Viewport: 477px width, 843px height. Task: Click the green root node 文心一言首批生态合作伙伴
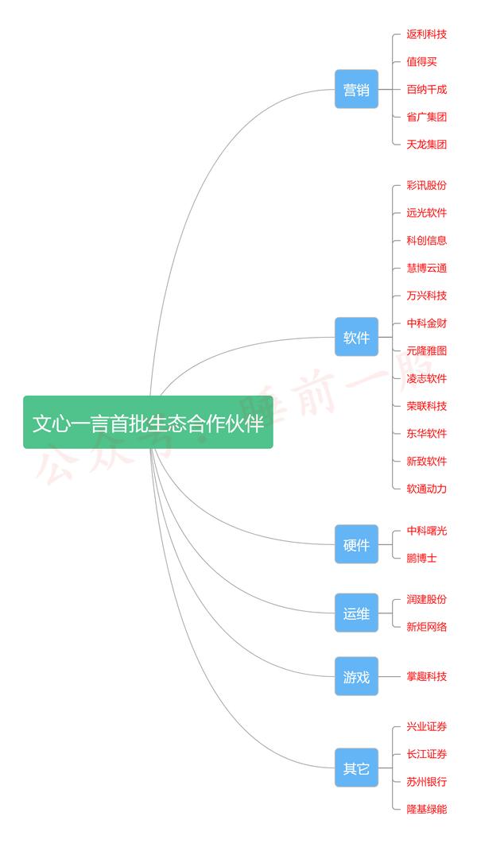pyautogui.click(x=148, y=422)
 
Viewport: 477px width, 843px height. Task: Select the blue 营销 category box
pyautogui.click(x=356, y=89)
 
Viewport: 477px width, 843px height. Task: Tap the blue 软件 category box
pyautogui.click(x=356, y=337)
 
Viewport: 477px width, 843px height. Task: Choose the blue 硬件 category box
pyautogui.click(x=356, y=544)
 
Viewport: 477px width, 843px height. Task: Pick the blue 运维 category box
pyautogui.click(x=356, y=613)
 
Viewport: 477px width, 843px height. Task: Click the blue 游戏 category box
pyautogui.click(x=356, y=676)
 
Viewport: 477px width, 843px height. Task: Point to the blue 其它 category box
pyautogui.click(x=356, y=768)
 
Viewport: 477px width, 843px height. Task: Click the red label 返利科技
pyautogui.click(x=426, y=34)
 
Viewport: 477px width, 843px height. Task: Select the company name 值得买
pyautogui.click(x=421, y=62)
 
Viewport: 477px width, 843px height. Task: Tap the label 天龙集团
pyautogui.click(x=426, y=144)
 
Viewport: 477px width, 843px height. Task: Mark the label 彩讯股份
pyautogui.click(x=426, y=185)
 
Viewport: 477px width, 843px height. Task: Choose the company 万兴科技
pyautogui.click(x=426, y=296)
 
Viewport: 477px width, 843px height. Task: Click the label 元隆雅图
pyautogui.click(x=426, y=351)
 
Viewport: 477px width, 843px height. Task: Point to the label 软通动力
pyautogui.click(x=426, y=489)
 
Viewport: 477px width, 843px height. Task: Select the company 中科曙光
pyautogui.click(x=426, y=531)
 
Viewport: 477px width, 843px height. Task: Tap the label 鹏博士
pyautogui.click(x=421, y=558)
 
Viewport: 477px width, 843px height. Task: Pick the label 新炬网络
pyautogui.click(x=426, y=627)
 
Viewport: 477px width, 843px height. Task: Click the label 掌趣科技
pyautogui.click(x=426, y=676)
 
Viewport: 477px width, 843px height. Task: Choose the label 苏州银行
pyautogui.click(x=426, y=782)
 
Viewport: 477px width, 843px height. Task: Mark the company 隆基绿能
pyautogui.click(x=426, y=809)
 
